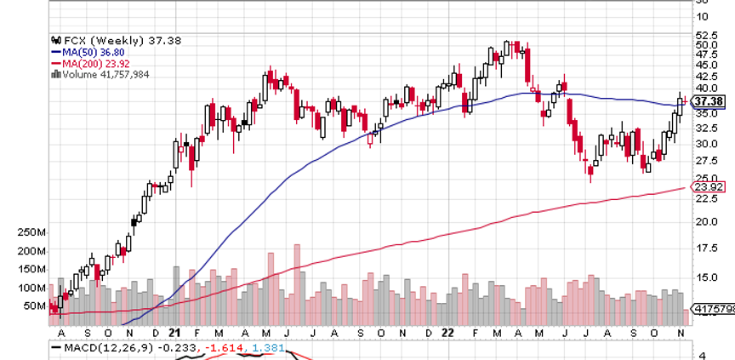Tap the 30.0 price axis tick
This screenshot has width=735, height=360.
click(705, 143)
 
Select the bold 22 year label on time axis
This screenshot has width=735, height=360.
click(447, 333)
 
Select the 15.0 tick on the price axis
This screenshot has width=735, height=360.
click(705, 277)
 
